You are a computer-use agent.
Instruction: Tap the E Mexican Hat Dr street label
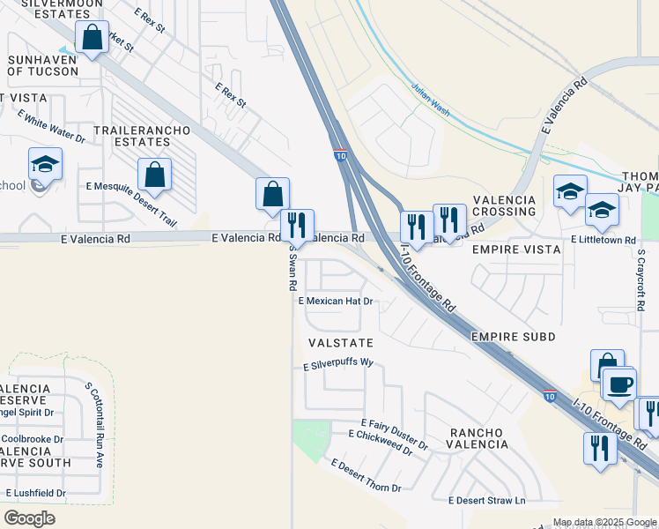337,301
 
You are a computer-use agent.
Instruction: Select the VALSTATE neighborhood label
340,342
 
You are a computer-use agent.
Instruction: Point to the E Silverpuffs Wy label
339,364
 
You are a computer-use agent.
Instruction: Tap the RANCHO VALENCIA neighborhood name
478,438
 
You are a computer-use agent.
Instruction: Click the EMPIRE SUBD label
514,337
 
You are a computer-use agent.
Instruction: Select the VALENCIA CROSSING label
504,206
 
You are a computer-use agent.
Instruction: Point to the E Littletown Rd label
603,240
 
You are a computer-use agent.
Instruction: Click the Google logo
29,518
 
